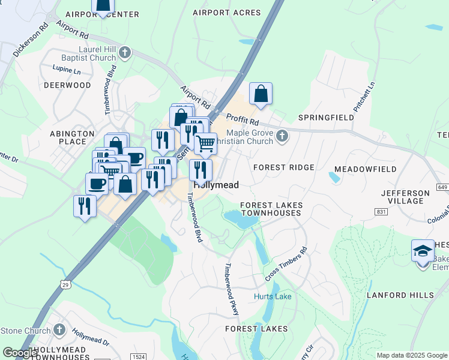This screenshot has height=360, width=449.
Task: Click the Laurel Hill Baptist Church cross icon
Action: coord(125,53)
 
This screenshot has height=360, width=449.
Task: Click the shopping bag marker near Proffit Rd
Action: coord(261,94)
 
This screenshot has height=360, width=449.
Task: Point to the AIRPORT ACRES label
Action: coord(227,13)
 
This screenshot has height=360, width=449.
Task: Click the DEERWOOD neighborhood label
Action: coord(67,85)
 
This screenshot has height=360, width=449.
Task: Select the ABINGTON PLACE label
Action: coord(72,137)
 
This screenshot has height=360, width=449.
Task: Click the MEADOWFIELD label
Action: coord(365,169)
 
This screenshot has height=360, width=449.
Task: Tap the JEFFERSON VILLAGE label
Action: coord(406,197)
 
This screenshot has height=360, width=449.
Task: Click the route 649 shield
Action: coord(442,188)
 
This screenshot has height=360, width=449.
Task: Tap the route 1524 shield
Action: coord(137,356)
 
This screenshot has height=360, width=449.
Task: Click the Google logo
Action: coord(20,353)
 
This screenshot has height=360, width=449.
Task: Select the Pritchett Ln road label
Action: coord(368,94)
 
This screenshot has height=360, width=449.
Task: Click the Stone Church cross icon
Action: coord(59,329)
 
